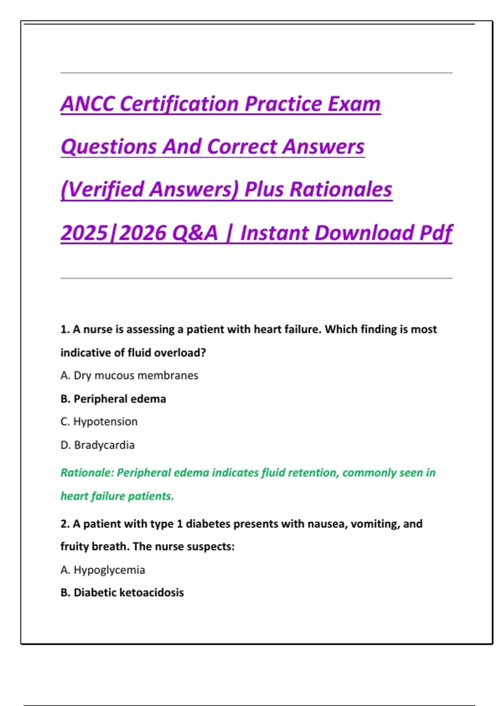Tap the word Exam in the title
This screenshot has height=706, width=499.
point(354,104)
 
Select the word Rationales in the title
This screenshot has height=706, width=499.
point(341,189)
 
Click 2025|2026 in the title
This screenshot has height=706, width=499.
point(113,233)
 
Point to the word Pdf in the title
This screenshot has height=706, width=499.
point(435,233)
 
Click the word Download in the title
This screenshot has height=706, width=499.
point(364,233)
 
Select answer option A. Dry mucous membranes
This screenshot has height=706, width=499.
point(129,375)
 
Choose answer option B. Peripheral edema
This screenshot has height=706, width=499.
point(113,399)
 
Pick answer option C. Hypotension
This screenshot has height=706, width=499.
point(99,422)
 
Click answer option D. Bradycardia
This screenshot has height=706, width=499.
point(98,445)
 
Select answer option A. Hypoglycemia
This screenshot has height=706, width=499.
point(103,570)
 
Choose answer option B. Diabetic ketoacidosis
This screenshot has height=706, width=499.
point(122,593)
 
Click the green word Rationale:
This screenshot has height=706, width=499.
point(87,473)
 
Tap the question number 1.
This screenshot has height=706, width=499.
point(64,329)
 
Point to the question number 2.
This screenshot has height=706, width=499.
point(64,524)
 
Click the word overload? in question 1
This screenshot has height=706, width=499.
point(182,353)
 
